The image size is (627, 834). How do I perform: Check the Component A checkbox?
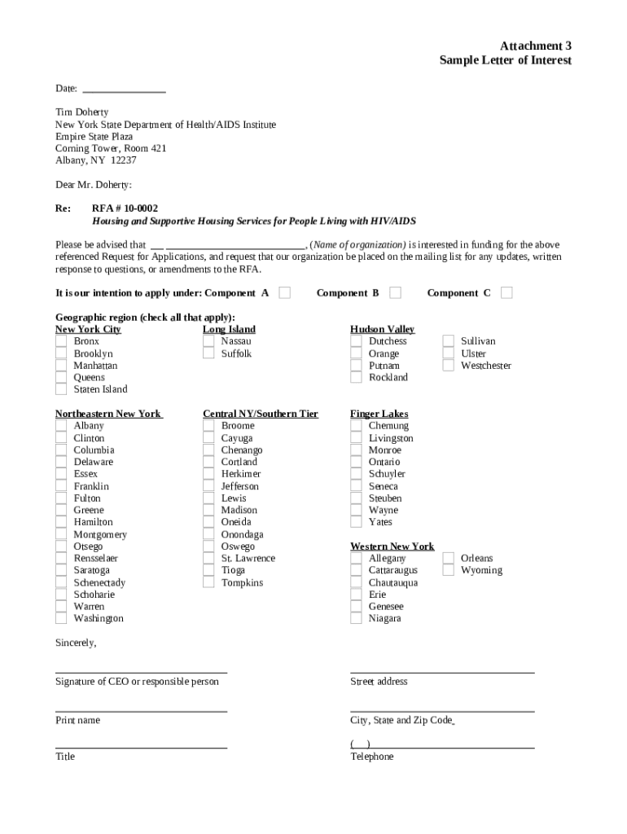[x=284, y=292]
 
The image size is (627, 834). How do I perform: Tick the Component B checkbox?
[x=395, y=292]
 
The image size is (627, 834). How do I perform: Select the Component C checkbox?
[x=506, y=292]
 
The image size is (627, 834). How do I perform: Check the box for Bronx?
[x=61, y=341]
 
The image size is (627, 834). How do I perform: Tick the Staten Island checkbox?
[x=61, y=389]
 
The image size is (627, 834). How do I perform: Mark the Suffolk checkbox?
[x=208, y=353]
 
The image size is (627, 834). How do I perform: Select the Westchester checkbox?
[x=448, y=366]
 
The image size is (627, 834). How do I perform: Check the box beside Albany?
[x=61, y=426]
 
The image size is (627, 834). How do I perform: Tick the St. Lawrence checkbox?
[x=208, y=559]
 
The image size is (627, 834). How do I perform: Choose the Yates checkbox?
[x=356, y=522]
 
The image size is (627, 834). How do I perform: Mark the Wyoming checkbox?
[x=448, y=570]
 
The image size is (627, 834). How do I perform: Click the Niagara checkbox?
[x=356, y=619]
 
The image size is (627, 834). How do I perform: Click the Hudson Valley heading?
[x=382, y=329]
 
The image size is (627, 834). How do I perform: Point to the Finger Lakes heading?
[x=379, y=414]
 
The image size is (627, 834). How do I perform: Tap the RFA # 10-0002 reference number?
[x=125, y=208]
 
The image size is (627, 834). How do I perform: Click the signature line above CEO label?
[x=141, y=672]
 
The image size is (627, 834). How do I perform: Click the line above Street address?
[x=442, y=672]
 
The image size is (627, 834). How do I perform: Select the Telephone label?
[x=371, y=757]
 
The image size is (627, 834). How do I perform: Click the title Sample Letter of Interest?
[x=505, y=60]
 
